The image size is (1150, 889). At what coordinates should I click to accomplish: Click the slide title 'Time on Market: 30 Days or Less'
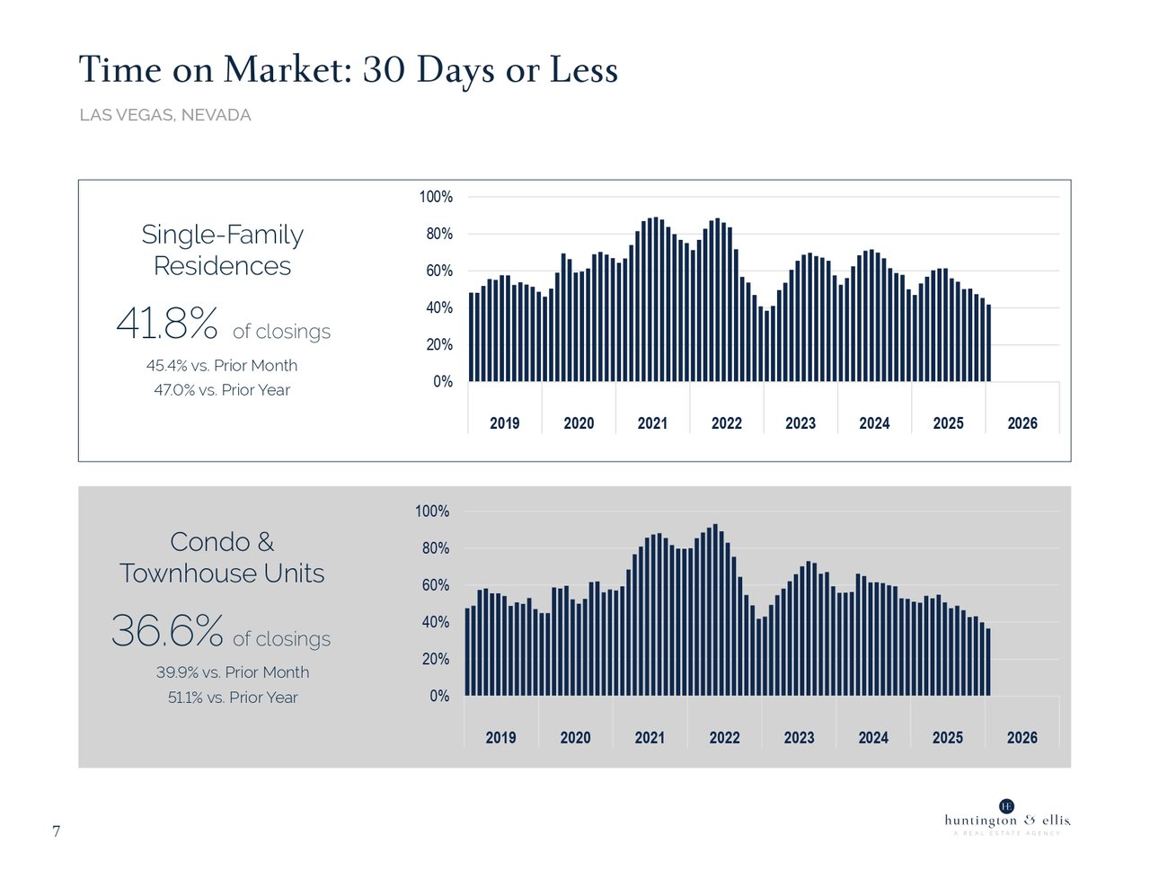348,70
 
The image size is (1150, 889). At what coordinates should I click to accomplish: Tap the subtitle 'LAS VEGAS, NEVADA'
165,115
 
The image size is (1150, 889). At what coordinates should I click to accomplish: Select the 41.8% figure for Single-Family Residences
167,324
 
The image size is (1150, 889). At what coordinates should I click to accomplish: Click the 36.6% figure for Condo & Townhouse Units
167,631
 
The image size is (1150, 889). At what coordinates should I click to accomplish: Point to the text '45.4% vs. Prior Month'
222,366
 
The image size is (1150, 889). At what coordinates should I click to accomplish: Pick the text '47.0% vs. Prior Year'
222,390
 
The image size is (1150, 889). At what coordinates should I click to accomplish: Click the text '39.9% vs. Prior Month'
233,672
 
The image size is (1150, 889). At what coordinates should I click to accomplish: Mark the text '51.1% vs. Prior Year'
233,698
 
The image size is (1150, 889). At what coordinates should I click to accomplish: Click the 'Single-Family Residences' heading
222,250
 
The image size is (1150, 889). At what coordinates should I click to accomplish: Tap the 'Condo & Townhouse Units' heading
222,557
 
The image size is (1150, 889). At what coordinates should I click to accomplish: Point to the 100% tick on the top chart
436,197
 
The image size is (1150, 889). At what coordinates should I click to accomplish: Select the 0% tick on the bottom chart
439,697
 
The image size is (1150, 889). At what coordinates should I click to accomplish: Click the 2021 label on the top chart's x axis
652,423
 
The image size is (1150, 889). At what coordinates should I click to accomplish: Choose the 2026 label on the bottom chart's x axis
1022,738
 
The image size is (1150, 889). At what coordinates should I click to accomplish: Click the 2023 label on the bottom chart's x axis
799,738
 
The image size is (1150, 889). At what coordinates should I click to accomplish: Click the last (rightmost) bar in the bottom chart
988,662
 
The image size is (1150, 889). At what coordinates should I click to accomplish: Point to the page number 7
56,831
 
